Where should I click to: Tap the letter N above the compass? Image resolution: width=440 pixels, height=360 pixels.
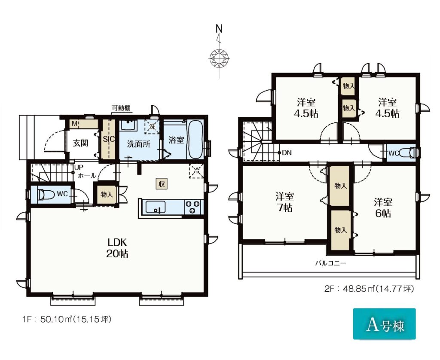pyautogui.click(x=219, y=29)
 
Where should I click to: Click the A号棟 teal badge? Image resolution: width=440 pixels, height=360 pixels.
pyautogui.click(x=384, y=324)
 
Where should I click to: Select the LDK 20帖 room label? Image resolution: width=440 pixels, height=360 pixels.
pyautogui.click(x=117, y=248)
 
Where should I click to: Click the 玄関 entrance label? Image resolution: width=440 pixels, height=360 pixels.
pyautogui.click(x=80, y=143)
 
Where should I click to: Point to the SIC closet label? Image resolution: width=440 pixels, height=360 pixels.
pyautogui.click(x=109, y=139)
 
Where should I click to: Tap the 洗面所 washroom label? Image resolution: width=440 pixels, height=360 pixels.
pyautogui.click(x=139, y=144)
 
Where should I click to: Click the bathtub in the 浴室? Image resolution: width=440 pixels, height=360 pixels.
pyautogui.click(x=196, y=140)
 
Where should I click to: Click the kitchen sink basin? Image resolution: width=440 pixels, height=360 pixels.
pyautogui.click(x=155, y=207)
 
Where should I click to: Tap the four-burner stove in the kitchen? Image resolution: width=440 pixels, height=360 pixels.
pyautogui.click(x=193, y=207)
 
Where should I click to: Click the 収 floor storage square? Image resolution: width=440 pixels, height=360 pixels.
pyautogui.click(x=162, y=184)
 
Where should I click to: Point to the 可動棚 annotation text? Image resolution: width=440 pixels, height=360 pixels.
pyautogui.click(x=121, y=108)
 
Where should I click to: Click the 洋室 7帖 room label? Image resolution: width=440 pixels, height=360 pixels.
pyautogui.click(x=284, y=202)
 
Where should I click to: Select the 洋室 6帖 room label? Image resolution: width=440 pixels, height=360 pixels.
pyautogui.click(x=382, y=207)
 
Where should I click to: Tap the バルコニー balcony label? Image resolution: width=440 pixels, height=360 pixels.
pyautogui.click(x=331, y=263)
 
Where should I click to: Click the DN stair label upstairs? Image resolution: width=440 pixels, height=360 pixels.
pyautogui.click(x=287, y=153)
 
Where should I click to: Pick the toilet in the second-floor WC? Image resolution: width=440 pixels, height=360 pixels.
pyautogui.click(x=407, y=153)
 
